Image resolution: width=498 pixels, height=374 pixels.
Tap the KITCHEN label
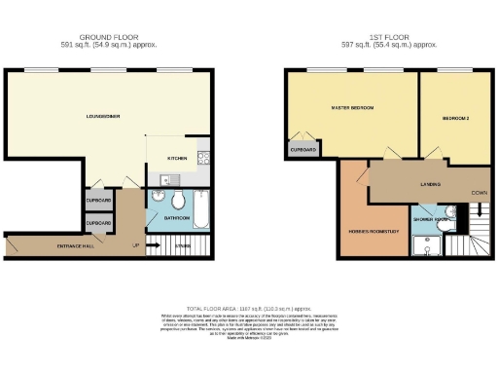coord(176,157)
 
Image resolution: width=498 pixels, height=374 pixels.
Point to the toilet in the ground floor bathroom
coord(179,201)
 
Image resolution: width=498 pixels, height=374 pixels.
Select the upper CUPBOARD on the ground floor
coord(98,202)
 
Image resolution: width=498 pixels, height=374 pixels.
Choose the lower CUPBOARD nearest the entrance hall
coord(98,224)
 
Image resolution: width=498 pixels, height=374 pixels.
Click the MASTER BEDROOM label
coord(352,107)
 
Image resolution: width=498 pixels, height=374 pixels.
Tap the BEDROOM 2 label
coord(456,118)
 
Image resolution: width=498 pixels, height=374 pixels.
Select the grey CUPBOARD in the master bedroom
coord(302,150)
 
